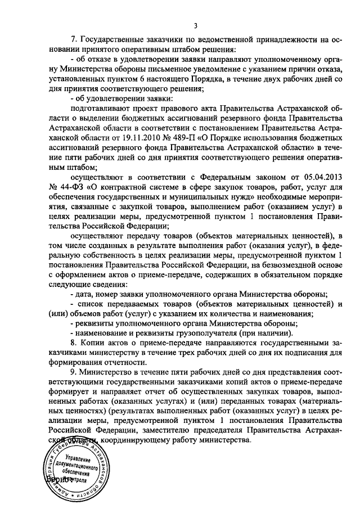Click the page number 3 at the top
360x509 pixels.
point(195,25)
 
